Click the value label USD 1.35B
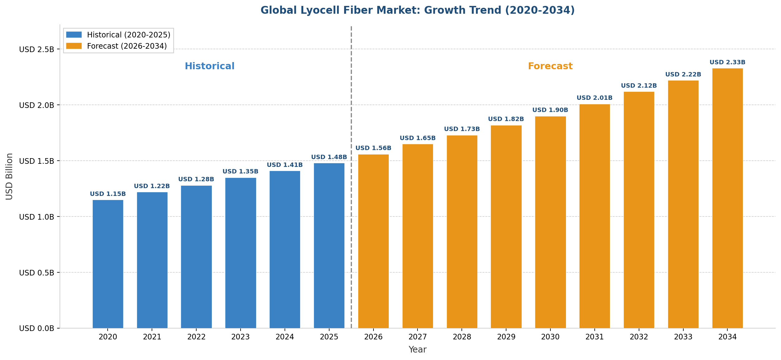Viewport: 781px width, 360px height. tap(240, 172)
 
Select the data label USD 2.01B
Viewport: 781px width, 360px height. tap(594, 98)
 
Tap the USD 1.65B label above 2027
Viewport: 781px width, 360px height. tap(417, 138)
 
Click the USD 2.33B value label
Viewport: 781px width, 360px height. tap(727, 62)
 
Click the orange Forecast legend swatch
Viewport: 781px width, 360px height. tap(74, 46)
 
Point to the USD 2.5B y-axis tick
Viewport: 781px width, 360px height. tap(37, 50)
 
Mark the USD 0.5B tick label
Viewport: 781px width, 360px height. tap(37, 273)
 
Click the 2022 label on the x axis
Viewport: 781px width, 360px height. tap(196, 337)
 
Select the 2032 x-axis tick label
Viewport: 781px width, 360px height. tap(639, 337)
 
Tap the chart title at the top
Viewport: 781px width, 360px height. tap(417, 10)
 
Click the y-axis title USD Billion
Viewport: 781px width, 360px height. tap(9, 176)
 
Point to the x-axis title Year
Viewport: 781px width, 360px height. tap(417, 350)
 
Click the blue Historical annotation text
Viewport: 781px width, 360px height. tap(209, 66)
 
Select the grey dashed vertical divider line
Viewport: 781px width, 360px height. tap(351, 187)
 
